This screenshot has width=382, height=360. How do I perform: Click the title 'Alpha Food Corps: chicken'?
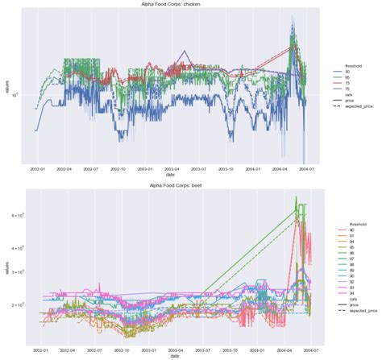[x=168, y=4]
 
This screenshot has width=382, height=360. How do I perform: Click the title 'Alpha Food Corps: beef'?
[x=168, y=184]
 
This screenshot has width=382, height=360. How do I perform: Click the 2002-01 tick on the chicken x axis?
[x=37, y=170]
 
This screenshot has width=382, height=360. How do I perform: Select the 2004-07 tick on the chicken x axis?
[x=306, y=170]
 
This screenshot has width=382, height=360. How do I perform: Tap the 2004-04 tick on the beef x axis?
[x=280, y=351]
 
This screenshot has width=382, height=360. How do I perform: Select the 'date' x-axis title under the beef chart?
[x=168, y=358]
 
